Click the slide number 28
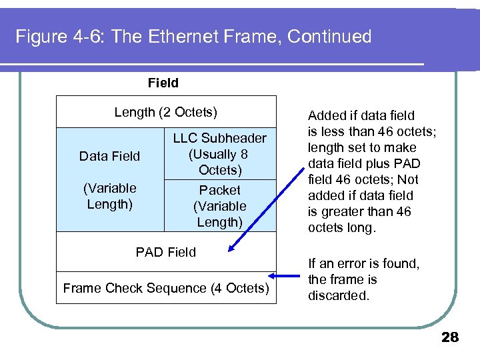click(x=450, y=337)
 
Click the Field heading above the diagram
click(x=163, y=83)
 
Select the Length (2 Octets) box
click(x=166, y=112)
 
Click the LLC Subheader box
click(x=219, y=154)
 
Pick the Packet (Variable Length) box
click(x=219, y=206)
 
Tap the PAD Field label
click(x=165, y=252)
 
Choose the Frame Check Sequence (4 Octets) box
click(x=166, y=288)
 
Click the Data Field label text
click(x=109, y=156)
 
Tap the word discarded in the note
click(x=338, y=295)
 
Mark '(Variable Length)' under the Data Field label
click(x=109, y=196)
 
